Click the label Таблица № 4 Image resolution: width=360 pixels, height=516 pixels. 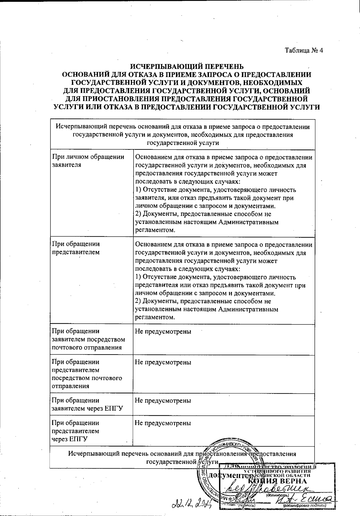click(304, 50)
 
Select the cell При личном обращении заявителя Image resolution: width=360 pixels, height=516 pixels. click(88, 161)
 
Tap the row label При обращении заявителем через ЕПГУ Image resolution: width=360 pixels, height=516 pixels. click(88, 404)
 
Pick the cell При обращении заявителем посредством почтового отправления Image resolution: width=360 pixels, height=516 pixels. click(88, 339)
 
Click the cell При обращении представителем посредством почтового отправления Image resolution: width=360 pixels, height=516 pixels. click(87, 374)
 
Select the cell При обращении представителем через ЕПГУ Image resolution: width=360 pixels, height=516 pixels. click(75, 431)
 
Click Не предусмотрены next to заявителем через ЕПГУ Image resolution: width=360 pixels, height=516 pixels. click(163, 400)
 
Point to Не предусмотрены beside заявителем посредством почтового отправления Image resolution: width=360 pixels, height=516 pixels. click(163, 331)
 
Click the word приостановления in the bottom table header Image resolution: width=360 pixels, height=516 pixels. click(221, 454)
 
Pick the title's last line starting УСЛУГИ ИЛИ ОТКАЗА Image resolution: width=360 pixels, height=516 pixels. click(187, 107)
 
